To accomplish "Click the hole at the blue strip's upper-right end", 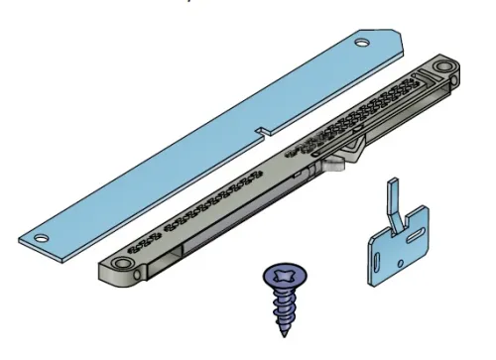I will click(361, 43).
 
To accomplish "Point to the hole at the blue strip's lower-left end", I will click(42, 239).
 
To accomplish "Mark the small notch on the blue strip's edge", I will click(260, 129).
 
